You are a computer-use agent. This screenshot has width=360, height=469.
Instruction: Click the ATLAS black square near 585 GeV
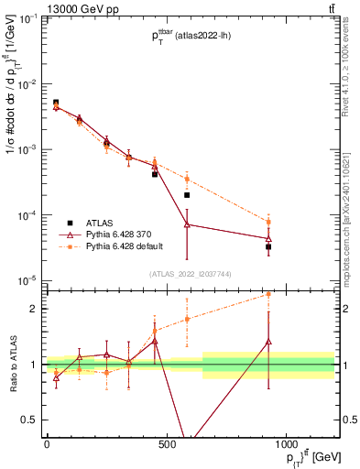coord(187,195)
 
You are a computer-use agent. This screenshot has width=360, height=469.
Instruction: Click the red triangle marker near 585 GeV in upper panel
coord(187,224)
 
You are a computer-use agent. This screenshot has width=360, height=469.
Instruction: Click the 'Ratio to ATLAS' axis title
coord(11,364)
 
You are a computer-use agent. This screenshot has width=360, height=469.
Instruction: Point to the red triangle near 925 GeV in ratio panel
coord(268,342)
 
